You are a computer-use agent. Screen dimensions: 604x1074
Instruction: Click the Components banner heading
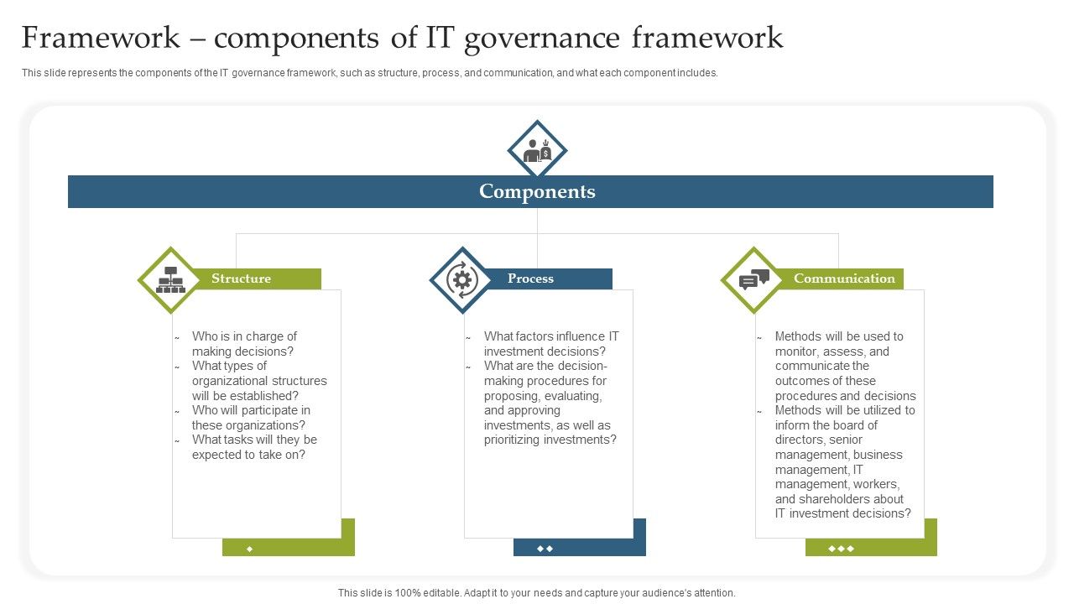click(x=537, y=191)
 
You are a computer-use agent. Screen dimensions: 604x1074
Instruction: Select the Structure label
click(x=241, y=279)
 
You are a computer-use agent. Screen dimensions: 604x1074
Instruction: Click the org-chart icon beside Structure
click(x=171, y=280)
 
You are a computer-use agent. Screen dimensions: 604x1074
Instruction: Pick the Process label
click(x=530, y=279)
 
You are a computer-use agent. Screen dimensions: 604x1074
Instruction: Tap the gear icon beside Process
click(x=461, y=279)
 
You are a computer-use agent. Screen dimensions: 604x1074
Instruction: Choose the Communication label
click(x=844, y=279)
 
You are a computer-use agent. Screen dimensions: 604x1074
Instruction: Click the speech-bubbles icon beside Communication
click(x=753, y=279)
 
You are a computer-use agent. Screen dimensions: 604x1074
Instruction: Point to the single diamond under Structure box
click(x=250, y=549)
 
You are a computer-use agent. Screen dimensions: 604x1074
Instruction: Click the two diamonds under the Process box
click(x=545, y=549)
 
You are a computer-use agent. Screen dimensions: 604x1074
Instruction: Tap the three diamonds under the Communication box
click(x=841, y=549)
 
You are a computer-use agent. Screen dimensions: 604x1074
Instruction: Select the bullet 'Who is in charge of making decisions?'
click(x=244, y=344)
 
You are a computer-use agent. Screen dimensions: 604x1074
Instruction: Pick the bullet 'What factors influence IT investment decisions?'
click(x=551, y=344)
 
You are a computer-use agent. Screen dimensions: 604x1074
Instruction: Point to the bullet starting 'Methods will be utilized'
click(x=845, y=411)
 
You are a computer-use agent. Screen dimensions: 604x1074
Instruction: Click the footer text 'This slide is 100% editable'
click(x=537, y=592)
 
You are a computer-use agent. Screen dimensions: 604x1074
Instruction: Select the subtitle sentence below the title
click(x=369, y=73)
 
